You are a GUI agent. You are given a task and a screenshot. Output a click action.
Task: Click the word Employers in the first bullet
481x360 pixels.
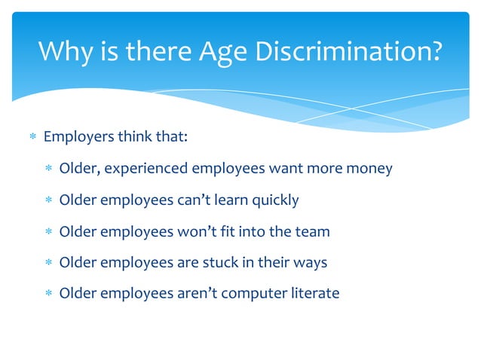(x=78, y=137)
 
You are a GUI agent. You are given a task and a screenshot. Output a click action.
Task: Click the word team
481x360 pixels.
(x=313, y=230)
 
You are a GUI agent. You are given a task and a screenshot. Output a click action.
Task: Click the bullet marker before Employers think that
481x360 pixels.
(x=32, y=138)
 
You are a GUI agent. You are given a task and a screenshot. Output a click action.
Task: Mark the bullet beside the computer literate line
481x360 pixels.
(x=48, y=293)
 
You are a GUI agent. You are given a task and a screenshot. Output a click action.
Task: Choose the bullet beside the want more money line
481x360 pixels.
(x=48, y=169)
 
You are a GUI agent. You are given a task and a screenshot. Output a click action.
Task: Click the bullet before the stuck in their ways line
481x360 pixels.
(x=48, y=262)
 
